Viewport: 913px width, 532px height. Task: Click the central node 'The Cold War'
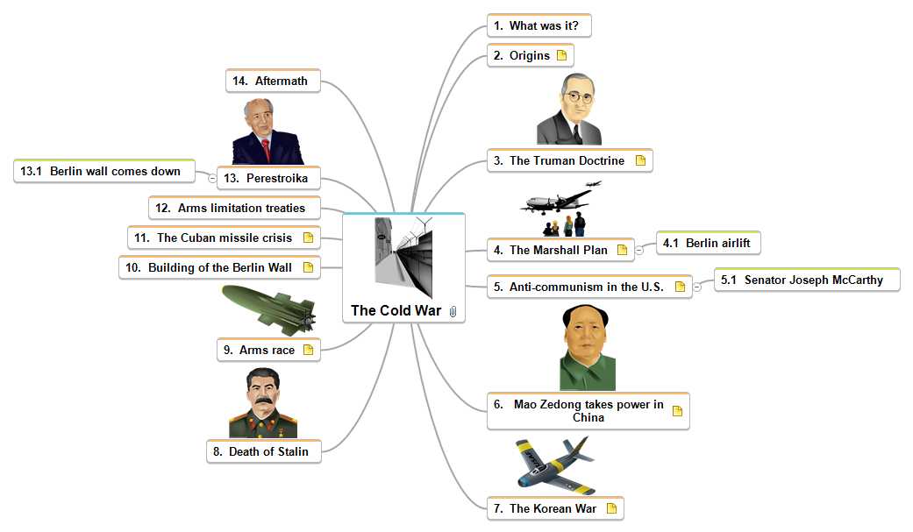click(x=396, y=310)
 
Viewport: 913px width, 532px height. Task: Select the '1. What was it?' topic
click(x=539, y=26)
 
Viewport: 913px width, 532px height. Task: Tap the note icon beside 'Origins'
click(x=562, y=55)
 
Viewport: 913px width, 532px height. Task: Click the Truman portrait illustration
click(x=570, y=110)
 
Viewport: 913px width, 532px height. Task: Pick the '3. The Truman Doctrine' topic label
click(x=567, y=160)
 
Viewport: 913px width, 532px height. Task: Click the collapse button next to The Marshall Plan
click(x=639, y=250)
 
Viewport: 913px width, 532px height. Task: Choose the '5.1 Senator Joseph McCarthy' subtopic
click(x=807, y=280)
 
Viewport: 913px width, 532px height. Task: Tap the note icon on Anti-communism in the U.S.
click(x=680, y=287)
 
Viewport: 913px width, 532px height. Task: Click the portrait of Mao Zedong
click(x=588, y=348)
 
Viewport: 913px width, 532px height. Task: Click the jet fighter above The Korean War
click(x=554, y=465)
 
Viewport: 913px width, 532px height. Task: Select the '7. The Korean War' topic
click(x=553, y=508)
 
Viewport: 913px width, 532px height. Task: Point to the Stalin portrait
click(x=263, y=403)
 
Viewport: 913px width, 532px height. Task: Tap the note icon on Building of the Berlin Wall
click(x=308, y=267)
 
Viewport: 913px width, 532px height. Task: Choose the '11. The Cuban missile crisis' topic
click(x=224, y=238)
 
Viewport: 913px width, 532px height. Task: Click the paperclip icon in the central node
click(x=453, y=311)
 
